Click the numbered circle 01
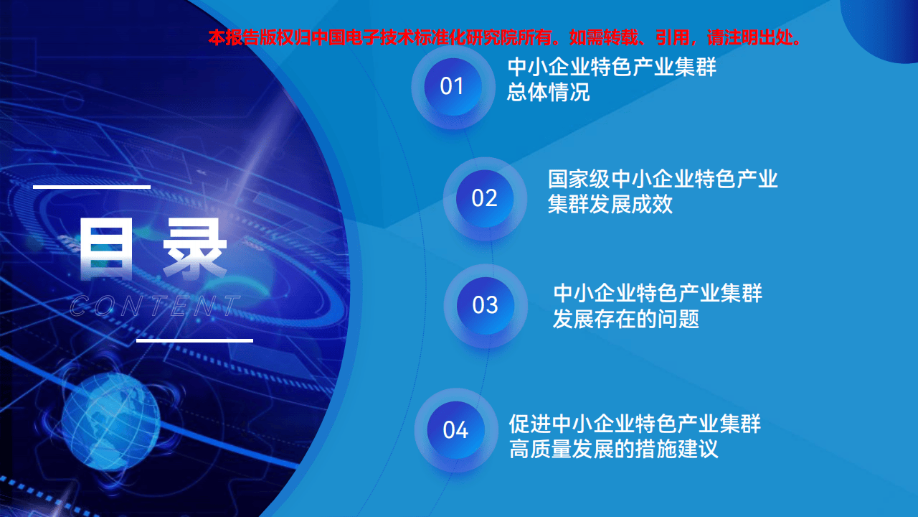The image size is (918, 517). pyautogui.click(x=453, y=87)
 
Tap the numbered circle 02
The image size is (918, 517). pyautogui.click(x=485, y=198)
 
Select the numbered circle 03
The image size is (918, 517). pyautogui.click(x=485, y=305)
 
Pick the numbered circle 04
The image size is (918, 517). pyautogui.click(x=455, y=430)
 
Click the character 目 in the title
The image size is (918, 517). pyautogui.click(x=107, y=249)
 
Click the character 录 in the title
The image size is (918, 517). pyautogui.click(x=194, y=249)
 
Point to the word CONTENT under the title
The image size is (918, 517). pyautogui.click(x=154, y=307)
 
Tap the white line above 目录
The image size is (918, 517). pyautogui.click(x=92, y=187)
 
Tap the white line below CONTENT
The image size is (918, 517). pyautogui.click(x=194, y=340)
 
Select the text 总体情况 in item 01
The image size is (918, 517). pyautogui.click(x=549, y=93)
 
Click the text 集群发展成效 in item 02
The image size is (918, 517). pyautogui.click(x=610, y=205)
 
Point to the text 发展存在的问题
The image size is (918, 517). pyautogui.click(x=625, y=319)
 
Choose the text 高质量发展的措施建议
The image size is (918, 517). pyautogui.click(x=613, y=450)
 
